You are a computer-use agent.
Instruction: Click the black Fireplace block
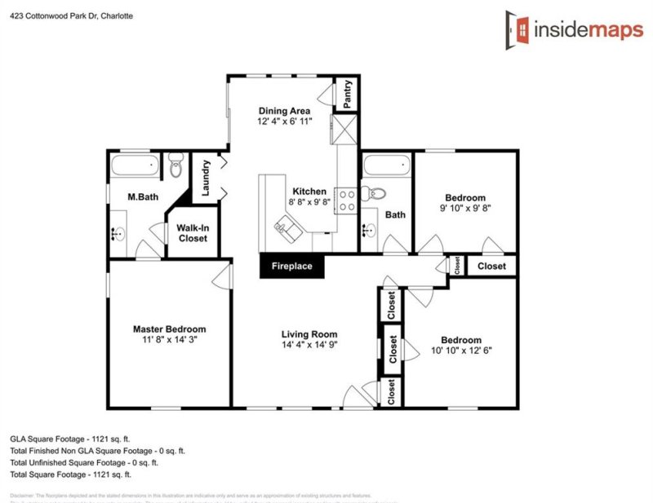292,267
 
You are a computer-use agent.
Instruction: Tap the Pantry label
348,94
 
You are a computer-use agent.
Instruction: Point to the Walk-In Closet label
192,233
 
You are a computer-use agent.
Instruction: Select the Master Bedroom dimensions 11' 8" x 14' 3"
169,340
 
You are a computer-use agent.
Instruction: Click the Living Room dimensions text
309,345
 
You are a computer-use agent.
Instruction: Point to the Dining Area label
285,111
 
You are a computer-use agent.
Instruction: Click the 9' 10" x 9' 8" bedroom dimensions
465,208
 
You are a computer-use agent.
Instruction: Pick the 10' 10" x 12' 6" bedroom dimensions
461,351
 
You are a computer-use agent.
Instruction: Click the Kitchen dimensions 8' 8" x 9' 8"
309,201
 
